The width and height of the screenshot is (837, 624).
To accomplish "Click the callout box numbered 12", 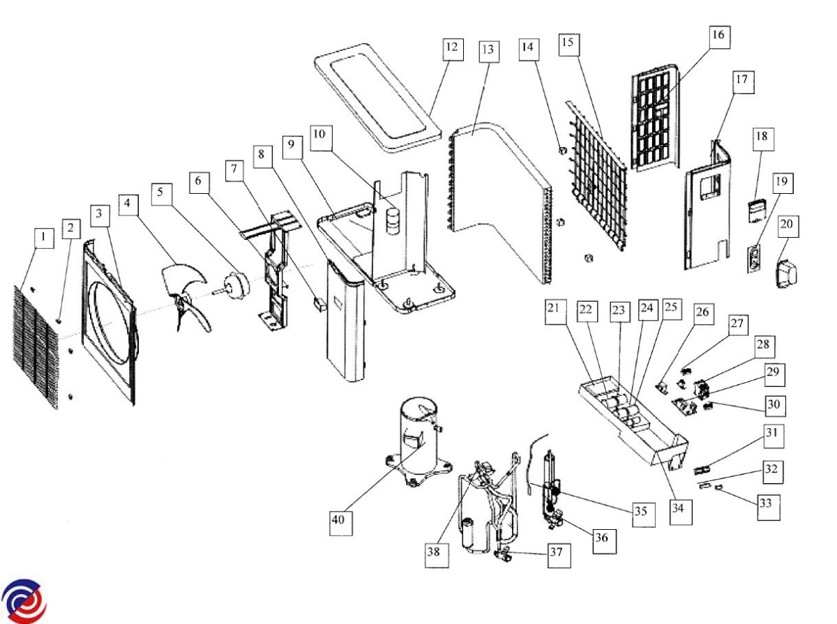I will pyautogui.click(x=453, y=48).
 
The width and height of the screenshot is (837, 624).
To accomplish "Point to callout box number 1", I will pyautogui.click(x=43, y=238).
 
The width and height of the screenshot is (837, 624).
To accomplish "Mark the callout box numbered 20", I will pyautogui.click(x=788, y=227).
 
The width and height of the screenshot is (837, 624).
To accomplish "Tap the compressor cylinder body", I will pyautogui.click(x=416, y=432).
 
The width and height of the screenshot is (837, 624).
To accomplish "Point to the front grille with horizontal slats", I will pyautogui.click(x=35, y=345).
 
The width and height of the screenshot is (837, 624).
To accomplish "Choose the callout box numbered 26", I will pyautogui.click(x=702, y=312).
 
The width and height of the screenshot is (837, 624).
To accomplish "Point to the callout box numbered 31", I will pyautogui.click(x=771, y=436).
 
